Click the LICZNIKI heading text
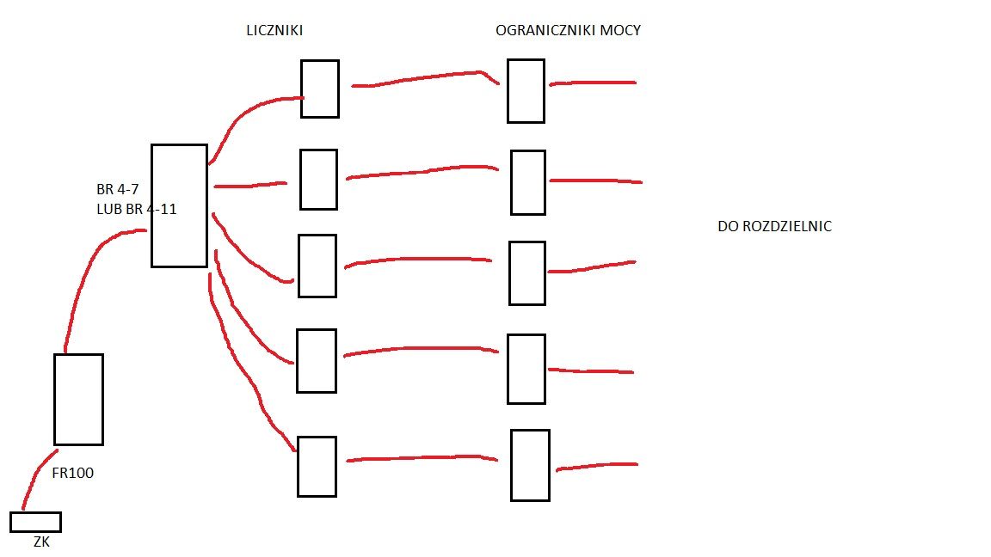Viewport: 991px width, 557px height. (x=274, y=30)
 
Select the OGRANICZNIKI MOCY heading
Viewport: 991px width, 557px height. (x=568, y=30)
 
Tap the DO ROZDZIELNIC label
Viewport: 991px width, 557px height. (x=775, y=226)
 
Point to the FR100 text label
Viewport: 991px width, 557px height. (x=72, y=473)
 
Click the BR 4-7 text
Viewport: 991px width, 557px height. (x=118, y=189)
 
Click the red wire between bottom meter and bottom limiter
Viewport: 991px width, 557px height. (x=422, y=458)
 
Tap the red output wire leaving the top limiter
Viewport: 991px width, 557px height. (x=593, y=83)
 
